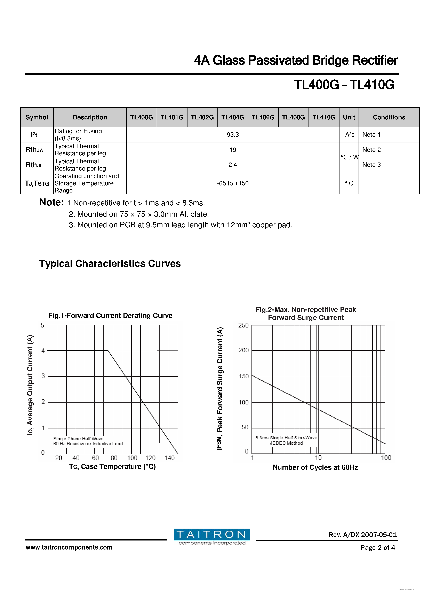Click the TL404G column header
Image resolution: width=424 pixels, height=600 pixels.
(232, 117)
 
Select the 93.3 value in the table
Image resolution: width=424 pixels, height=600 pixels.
(232, 135)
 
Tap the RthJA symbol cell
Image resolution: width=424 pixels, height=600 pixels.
(34, 150)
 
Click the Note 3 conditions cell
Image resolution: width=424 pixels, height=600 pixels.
(371, 165)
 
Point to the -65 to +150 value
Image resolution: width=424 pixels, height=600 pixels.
(232, 183)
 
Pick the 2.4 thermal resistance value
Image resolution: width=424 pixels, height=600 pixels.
(232, 165)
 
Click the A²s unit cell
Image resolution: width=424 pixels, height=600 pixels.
(350, 135)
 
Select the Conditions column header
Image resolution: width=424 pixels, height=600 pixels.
(389, 117)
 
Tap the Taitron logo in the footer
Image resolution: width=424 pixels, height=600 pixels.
(212, 537)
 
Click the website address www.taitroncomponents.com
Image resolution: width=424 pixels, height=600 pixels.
(69, 547)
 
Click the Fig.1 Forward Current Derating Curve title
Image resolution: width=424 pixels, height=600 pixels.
(110, 315)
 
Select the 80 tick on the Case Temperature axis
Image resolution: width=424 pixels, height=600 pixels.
(114, 458)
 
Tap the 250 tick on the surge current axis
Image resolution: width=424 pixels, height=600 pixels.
(243, 325)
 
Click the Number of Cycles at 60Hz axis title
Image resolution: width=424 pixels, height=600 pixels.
(315, 467)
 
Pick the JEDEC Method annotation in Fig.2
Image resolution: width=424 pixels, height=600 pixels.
(286, 443)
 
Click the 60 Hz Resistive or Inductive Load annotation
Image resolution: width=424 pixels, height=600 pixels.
(88, 443)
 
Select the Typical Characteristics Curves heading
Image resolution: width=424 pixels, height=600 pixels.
(110, 263)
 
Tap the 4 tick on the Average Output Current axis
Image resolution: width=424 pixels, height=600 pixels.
(43, 350)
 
